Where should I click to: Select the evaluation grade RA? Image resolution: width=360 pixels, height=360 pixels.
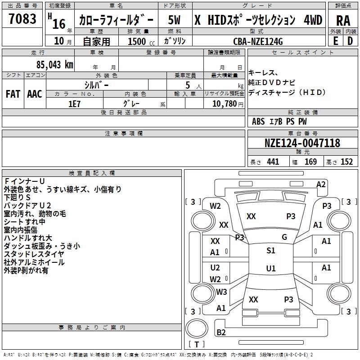(343, 20)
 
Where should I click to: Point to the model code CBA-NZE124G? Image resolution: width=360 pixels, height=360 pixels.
(258, 41)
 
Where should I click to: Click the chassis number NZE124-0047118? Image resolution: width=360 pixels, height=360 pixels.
(302, 143)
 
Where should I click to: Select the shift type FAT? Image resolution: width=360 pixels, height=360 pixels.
(13, 94)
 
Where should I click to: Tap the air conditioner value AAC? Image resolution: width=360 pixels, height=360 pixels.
(35, 94)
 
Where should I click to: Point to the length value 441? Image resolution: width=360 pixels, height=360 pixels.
(273, 162)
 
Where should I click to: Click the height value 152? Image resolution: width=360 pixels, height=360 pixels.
(346, 162)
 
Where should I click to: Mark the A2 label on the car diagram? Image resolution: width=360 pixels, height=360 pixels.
(321, 184)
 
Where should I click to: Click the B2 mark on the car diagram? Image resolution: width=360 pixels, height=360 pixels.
(221, 333)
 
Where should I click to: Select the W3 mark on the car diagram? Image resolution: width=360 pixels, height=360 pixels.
(221, 292)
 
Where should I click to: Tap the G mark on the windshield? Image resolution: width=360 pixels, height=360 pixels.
(284, 237)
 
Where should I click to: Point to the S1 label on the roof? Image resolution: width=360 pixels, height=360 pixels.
(270, 251)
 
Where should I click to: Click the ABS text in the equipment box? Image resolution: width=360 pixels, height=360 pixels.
(258, 121)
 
